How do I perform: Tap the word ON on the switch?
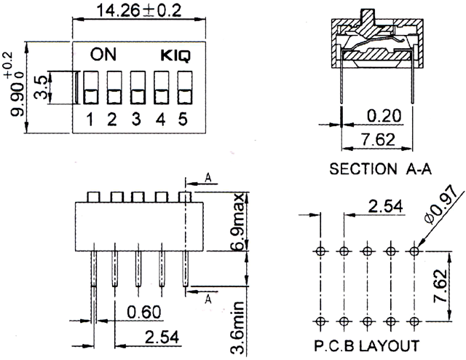point(103,55)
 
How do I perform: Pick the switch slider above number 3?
point(136,87)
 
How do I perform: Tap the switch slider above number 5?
point(183,87)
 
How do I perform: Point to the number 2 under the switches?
point(112,120)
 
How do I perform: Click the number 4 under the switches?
point(160,120)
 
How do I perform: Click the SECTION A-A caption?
point(381,169)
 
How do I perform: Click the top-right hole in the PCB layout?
point(414,251)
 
